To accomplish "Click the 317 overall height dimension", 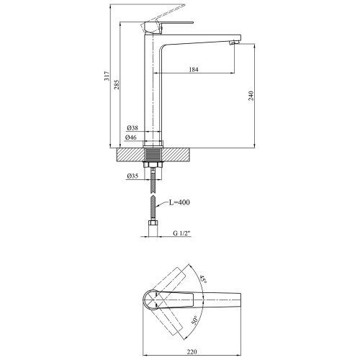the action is coord(107,76).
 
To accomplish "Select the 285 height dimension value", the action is coord(117,85).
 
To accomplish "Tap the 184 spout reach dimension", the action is coord(194,70).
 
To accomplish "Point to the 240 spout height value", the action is coord(251,96).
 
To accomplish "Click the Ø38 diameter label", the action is coord(132,128).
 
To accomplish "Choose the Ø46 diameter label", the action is coord(131,138).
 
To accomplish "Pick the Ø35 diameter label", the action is coord(132,176).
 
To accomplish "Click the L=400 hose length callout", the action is coord(179,202).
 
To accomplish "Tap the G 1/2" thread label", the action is coord(181,233).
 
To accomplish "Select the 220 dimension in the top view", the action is coord(192,352).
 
